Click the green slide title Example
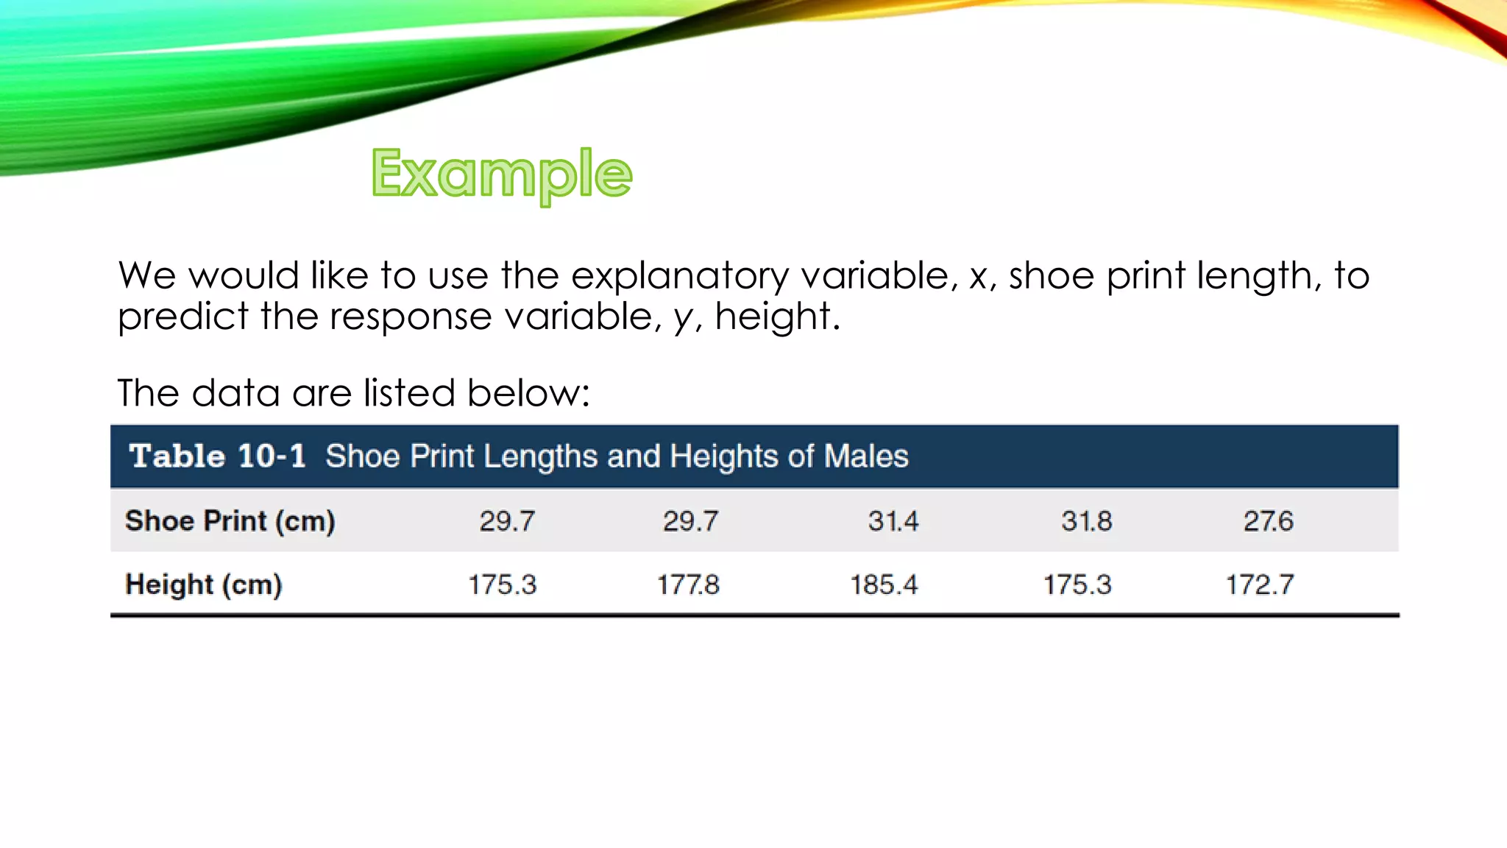(x=502, y=174)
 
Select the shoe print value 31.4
(x=893, y=521)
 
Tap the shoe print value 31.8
(x=1086, y=521)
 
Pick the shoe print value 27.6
(x=1268, y=521)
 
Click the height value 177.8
(x=688, y=585)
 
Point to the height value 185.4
(x=884, y=585)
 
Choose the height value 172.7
(x=1259, y=585)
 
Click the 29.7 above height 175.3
(x=507, y=521)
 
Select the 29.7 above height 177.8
(x=690, y=521)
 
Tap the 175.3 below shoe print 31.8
(x=1077, y=585)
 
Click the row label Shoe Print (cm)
(x=230, y=521)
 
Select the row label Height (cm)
(x=204, y=585)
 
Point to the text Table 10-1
(x=217, y=456)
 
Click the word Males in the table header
(x=866, y=456)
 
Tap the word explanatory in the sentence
(x=679, y=277)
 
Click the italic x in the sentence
(x=978, y=277)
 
